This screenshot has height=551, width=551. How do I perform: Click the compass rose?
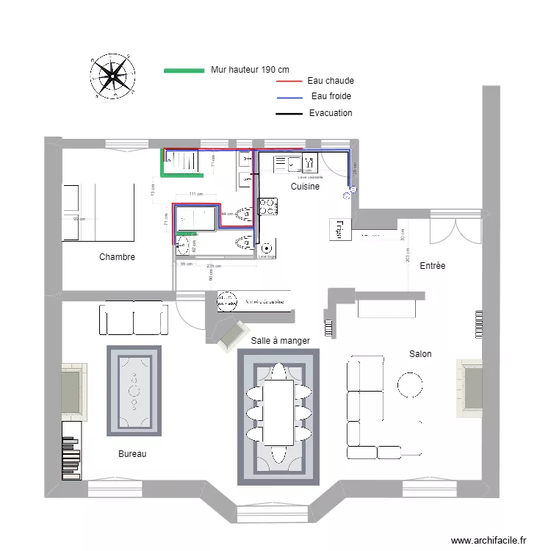tap(112, 76)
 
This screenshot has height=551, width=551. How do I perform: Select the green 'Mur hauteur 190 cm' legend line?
tap(183, 71)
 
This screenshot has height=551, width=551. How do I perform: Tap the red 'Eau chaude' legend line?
tap(289, 82)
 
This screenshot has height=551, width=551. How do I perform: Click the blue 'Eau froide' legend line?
tap(289, 98)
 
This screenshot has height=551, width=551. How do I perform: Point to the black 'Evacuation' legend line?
tap(289, 114)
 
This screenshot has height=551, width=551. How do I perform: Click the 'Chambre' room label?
tap(117, 258)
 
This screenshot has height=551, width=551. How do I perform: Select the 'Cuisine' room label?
tap(305, 187)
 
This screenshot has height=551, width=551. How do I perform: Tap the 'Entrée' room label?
tap(433, 266)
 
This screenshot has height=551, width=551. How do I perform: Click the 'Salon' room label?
tap(420, 354)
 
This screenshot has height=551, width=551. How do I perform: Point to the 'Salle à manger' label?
tap(280, 341)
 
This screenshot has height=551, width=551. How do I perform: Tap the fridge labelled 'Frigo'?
tap(339, 229)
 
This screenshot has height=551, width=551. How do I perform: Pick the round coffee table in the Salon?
tap(409, 384)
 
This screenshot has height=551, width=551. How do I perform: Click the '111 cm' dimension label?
tap(195, 195)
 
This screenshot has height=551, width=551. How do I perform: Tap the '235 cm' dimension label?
tap(215, 266)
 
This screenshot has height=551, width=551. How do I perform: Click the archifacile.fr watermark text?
tap(489, 541)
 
